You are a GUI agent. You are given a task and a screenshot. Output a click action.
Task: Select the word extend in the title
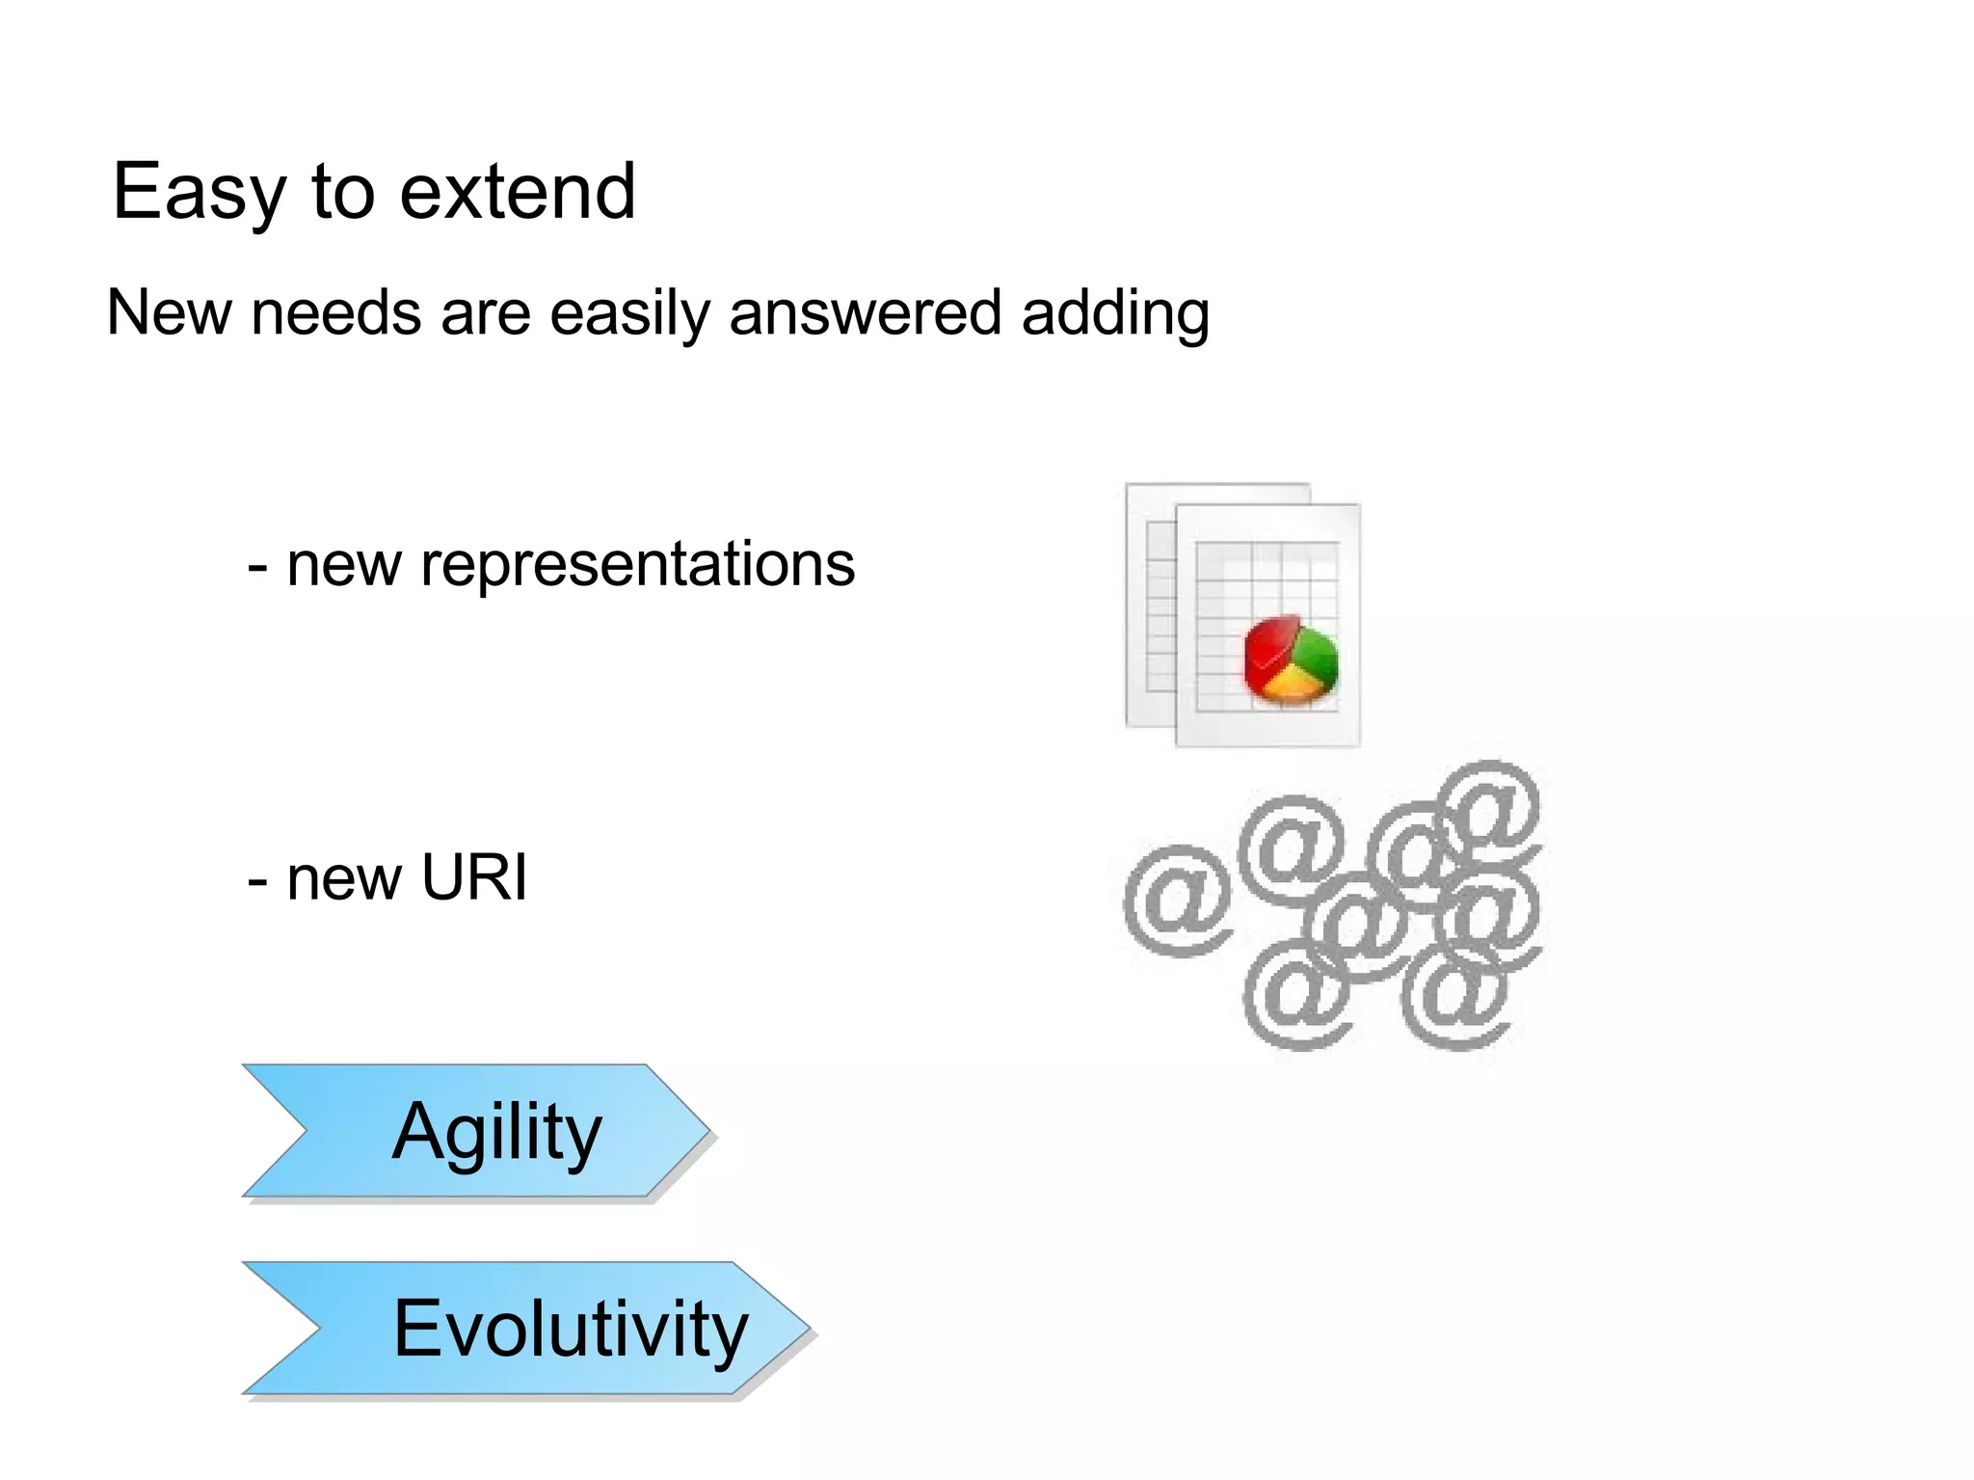click(x=518, y=193)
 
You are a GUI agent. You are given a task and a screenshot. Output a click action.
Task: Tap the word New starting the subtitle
click(x=169, y=313)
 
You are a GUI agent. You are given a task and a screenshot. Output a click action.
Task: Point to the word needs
click(x=335, y=313)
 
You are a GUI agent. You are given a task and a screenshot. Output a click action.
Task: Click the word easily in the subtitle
click(x=629, y=313)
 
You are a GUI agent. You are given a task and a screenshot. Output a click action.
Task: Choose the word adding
click(x=1115, y=313)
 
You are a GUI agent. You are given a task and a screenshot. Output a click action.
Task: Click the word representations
click(x=638, y=565)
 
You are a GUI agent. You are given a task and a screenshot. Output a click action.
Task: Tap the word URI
click(x=475, y=878)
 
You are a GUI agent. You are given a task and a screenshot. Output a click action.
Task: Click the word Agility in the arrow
click(x=496, y=1132)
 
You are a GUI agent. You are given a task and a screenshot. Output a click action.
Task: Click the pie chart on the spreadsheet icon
click(x=1291, y=659)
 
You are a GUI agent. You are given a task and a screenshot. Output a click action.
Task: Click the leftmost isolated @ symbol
click(x=1178, y=901)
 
